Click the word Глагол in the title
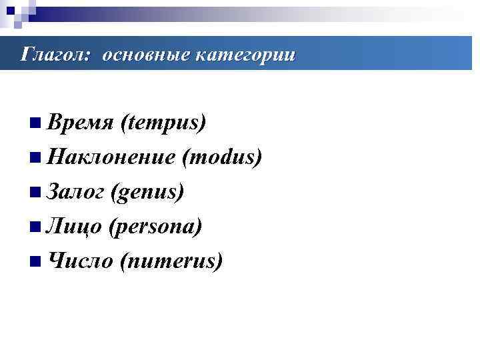(x=52, y=54)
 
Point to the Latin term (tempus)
(x=163, y=123)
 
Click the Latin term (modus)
(x=222, y=158)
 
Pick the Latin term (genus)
(x=148, y=193)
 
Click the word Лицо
(x=73, y=227)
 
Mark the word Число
(x=79, y=261)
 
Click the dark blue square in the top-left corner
(x=10, y=9)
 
